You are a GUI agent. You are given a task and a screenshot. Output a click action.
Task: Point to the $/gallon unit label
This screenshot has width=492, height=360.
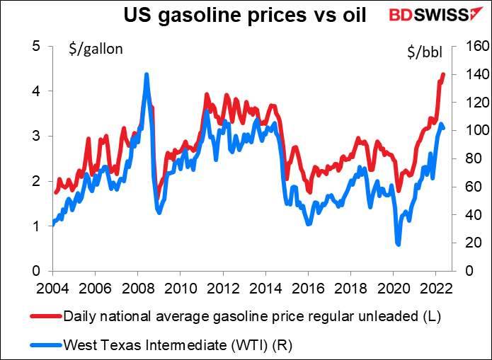pos(96,49)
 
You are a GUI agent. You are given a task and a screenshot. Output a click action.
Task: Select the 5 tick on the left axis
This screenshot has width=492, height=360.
pos(38,46)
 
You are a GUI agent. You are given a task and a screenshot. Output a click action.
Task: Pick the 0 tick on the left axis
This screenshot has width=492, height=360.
pos(38,271)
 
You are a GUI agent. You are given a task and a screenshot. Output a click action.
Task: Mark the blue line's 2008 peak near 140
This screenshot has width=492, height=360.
pos(147,74)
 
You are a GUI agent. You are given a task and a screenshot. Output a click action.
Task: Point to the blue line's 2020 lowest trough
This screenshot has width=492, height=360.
pos(398,244)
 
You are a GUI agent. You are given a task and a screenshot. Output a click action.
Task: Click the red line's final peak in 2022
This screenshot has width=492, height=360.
pos(443,74)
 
